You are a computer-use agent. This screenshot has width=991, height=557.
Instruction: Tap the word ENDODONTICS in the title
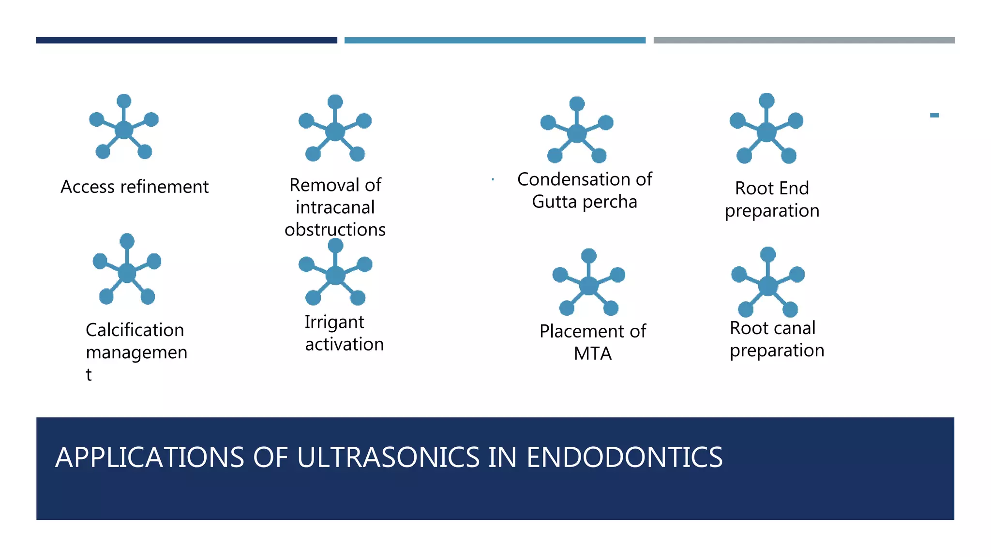coord(624,457)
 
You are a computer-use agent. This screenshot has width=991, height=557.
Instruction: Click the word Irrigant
coord(334,322)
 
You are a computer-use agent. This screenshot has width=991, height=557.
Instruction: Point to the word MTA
coord(593,354)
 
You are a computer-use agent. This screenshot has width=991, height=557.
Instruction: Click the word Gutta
coord(554,202)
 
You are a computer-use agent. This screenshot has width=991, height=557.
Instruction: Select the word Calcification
coord(135,330)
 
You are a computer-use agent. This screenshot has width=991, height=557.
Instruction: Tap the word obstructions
coord(335,230)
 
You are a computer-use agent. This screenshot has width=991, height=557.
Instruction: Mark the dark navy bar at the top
coord(186,41)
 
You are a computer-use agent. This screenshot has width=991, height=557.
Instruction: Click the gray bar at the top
coord(804,41)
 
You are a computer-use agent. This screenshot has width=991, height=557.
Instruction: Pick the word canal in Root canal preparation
coord(795,328)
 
